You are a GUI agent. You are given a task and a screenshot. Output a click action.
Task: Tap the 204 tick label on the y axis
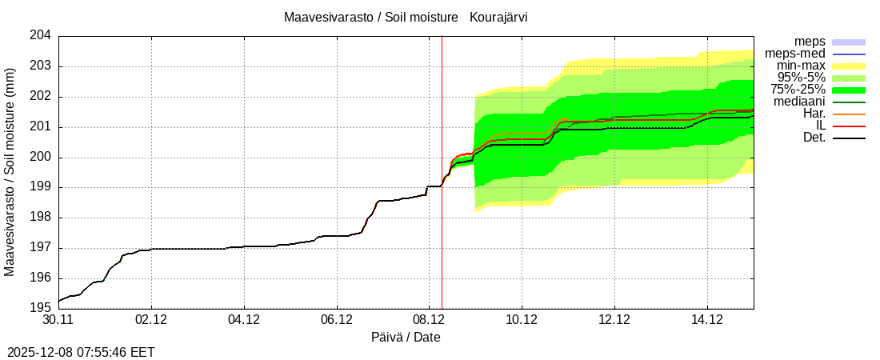click(41, 36)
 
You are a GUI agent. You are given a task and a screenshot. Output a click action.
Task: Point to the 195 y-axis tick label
click(41, 308)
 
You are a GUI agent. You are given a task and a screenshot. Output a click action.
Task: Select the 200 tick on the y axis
click(41, 157)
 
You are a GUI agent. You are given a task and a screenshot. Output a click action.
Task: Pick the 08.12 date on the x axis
click(429, 320)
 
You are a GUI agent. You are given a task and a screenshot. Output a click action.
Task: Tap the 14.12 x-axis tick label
click(706, 320)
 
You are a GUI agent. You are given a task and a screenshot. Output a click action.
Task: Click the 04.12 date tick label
click(244, 320)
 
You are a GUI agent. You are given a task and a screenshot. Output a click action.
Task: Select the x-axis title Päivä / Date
click(406, 337)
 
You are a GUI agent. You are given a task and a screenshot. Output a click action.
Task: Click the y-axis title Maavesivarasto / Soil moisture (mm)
click(10, 172)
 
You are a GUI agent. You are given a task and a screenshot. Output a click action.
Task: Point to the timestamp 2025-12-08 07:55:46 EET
click(81, 352)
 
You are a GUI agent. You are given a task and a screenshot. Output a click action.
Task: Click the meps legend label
click(810, 42)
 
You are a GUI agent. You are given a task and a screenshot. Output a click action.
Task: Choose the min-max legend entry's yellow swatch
click(849, 66)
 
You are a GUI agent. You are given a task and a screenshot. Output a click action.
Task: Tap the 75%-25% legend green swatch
click(849, 90)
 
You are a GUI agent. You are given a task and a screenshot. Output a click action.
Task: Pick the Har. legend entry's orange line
click(849, 114)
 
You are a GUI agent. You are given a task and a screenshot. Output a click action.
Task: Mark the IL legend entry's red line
click(849, 126)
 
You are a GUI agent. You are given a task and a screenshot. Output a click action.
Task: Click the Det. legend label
click(814, 138)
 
